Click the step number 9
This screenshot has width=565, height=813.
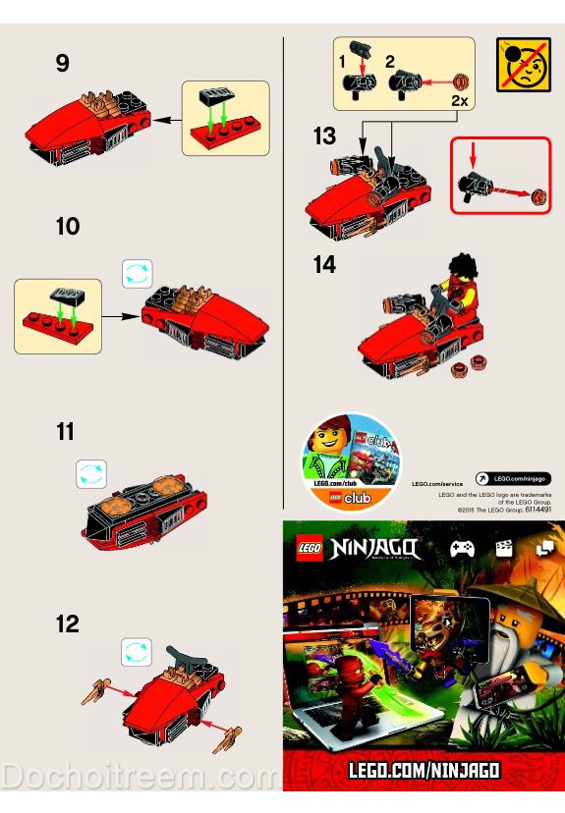click(63, 64)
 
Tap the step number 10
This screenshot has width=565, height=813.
click(67, 226)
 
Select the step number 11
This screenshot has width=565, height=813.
click(65, 431)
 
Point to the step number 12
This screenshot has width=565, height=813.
click(67, 623)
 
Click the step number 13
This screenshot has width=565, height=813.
click(324, 136)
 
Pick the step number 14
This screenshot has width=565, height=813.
click(324, 265)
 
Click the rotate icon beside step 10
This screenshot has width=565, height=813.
click(137, 273)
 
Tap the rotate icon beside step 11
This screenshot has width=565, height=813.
click(90, 474)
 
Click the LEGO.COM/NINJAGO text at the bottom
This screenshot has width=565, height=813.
click(424, 771)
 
